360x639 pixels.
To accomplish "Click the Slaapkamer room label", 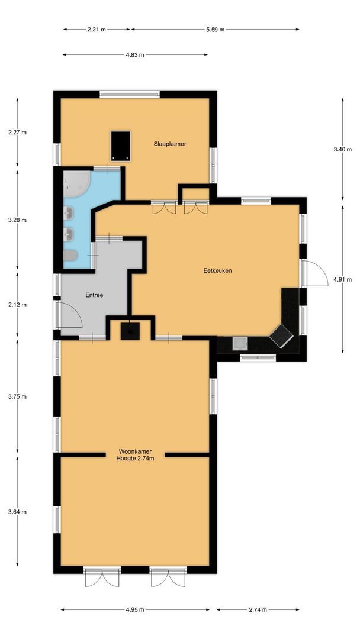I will tap(170, 143).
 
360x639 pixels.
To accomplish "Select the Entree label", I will tap(95, 295).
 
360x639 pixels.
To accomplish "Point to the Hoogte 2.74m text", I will tap(136, 459).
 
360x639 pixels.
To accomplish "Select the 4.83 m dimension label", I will tap(135, 55).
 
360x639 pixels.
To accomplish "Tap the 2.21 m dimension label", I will tap(96, 28).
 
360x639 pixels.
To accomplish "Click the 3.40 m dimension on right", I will tap(343, 150).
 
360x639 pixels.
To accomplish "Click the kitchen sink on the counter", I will tap(240, 344).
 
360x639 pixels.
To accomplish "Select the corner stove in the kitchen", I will tap(281, 336).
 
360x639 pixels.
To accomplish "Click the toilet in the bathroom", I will tap(70, 256).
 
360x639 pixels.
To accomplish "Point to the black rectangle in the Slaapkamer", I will tap(121, 146).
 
